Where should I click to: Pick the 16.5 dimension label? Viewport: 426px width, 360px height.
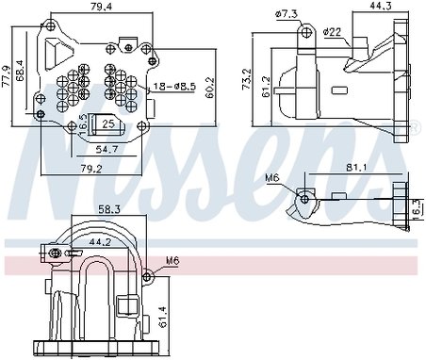pyautogui.click(x=82, y=123)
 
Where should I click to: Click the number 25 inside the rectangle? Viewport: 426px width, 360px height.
pyautogui.click(x=108, y=123)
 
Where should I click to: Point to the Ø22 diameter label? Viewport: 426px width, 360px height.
pyautogui.click(x=332, y=32)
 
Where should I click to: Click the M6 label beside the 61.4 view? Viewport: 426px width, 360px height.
pyautogui.click(x=172, y=260)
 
